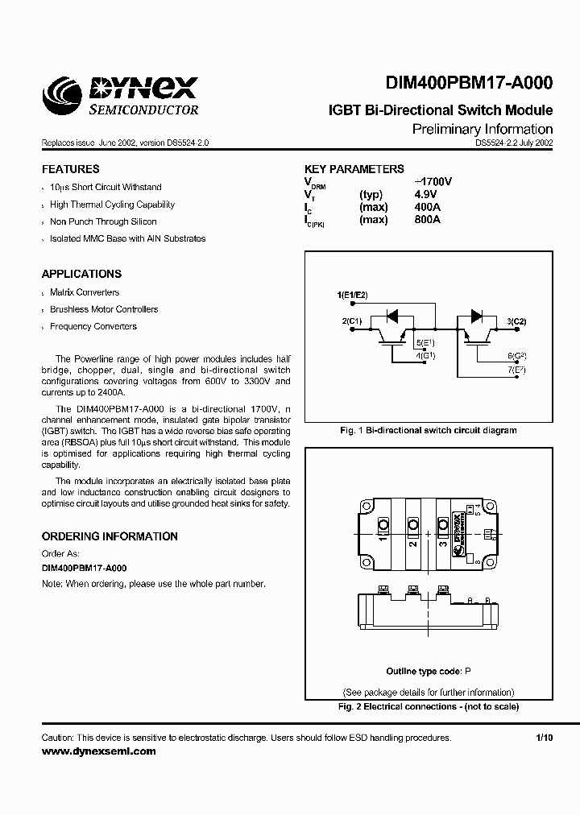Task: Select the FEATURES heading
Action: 70,169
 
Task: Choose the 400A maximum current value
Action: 426,206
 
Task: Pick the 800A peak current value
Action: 426,219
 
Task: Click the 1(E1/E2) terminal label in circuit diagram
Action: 352,296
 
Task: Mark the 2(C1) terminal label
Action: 353,321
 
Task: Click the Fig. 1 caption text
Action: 429,430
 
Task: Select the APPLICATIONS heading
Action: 81,274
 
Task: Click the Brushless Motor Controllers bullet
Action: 104,309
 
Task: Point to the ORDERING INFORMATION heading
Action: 110,536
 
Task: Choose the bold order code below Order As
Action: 84,568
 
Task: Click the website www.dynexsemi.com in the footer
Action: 98,751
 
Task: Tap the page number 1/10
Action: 544,738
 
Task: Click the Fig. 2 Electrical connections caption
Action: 429,706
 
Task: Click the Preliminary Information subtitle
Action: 482,129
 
